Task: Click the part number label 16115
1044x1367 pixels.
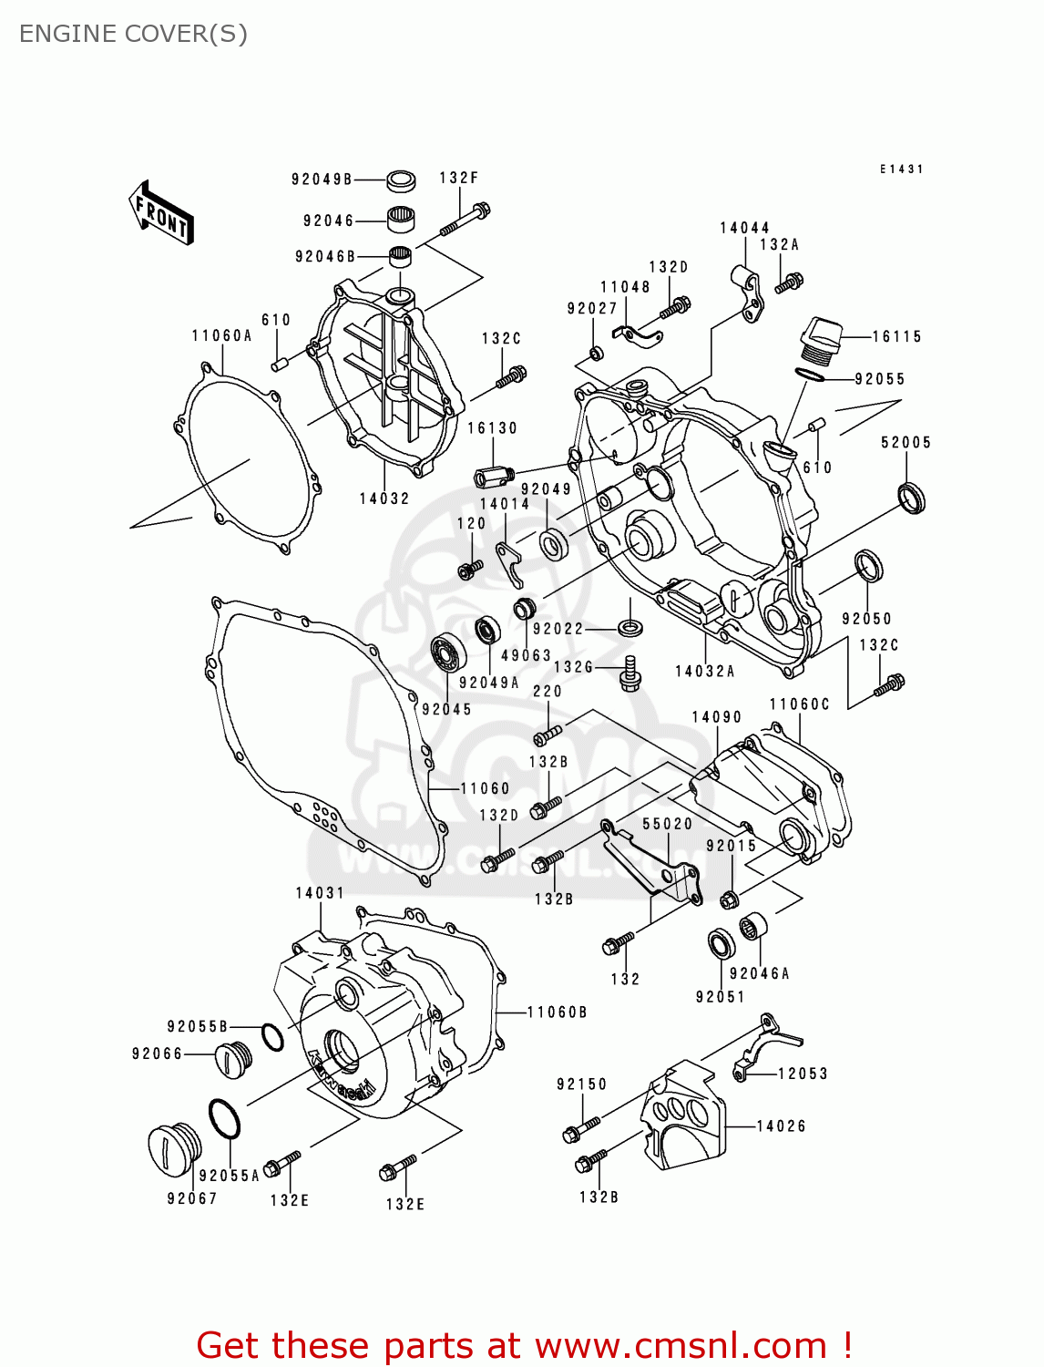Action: [896, 336]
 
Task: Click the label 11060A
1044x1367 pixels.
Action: [221, 335]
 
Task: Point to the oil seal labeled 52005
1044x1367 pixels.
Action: [910, 498]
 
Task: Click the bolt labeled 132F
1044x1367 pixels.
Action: [465, 221]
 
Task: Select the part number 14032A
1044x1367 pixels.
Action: [704, 671]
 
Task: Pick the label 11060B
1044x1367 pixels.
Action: [557, 1012]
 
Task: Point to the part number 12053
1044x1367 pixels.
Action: [803, 1074]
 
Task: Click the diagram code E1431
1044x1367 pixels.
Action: [901, 169]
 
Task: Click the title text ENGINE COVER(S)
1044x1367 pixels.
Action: [133, 34]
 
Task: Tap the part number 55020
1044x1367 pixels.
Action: [667, 823]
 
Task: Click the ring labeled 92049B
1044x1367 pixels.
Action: [401, 180]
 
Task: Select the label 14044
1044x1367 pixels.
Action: [744, 228]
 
